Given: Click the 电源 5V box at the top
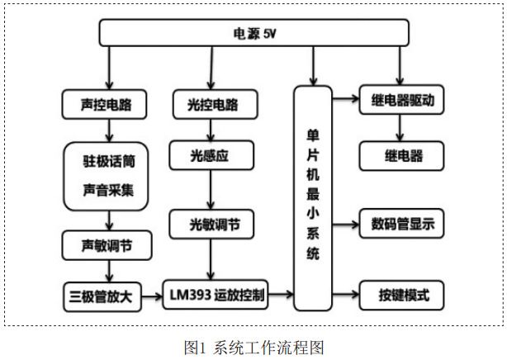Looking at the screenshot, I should (x=254, y=34).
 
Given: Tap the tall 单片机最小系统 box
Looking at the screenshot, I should (x=312, y=198).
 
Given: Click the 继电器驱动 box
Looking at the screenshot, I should (x=403, y=101).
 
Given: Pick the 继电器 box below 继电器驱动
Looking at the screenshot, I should (x=402, y=155).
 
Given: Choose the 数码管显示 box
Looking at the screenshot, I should (x=403, y=223).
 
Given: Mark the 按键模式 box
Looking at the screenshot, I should (x=403, y=294).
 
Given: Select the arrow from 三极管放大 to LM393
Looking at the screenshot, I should (x=153, y=295).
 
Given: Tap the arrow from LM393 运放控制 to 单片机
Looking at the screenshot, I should (x=282, y=294).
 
